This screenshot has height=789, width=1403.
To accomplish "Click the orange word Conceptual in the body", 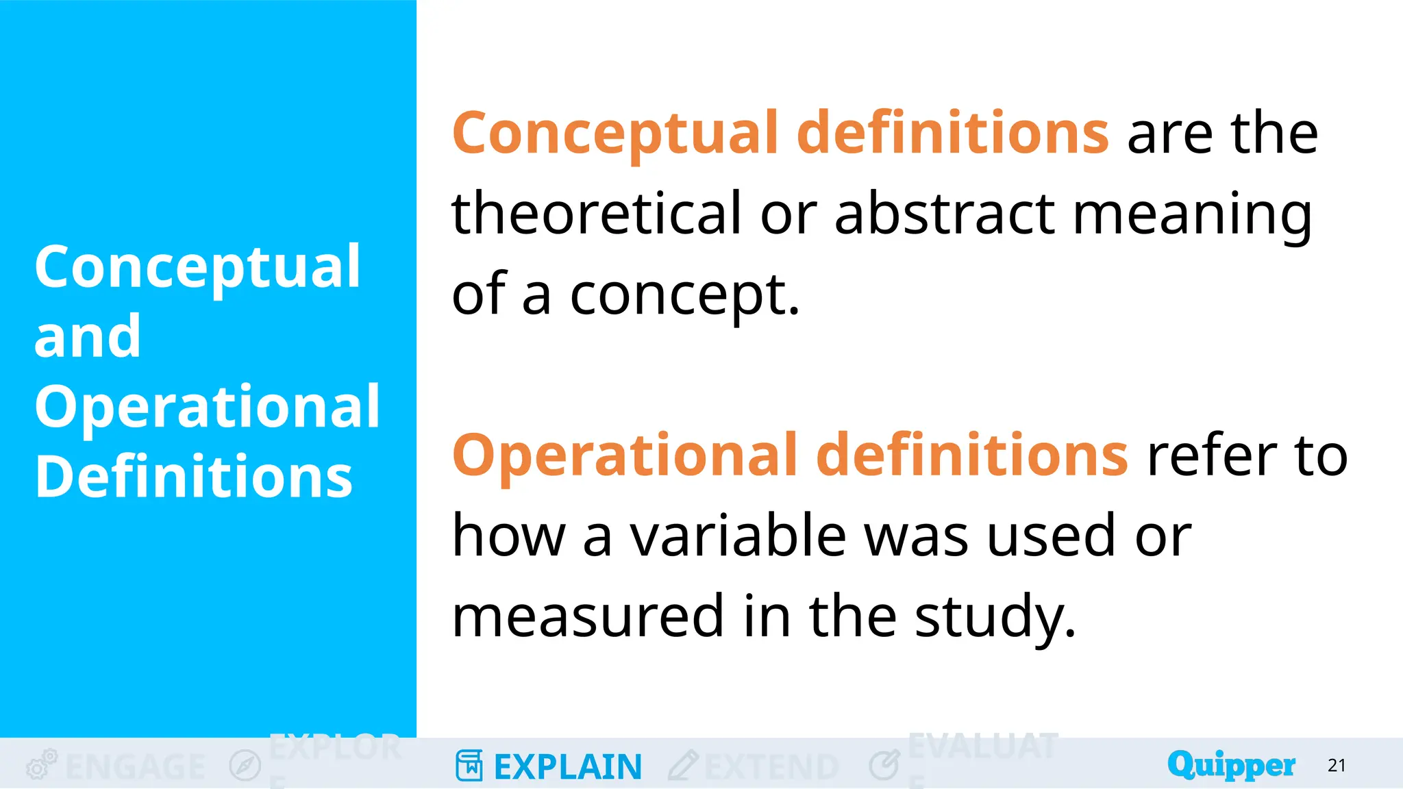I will pyautogui.click(x=615, y=134).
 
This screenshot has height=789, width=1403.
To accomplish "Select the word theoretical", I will pyautogui.click(x=596, y=214).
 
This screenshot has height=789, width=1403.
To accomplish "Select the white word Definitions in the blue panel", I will pyautogui.click(x=194, y=477).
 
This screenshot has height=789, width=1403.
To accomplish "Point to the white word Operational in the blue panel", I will pyautogui.click(x=207, y=407).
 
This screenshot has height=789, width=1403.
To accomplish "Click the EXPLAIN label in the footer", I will pyautogui.click(x=568, y=767).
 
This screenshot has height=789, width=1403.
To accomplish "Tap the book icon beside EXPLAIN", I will pyautogui.click(x=469, y=766).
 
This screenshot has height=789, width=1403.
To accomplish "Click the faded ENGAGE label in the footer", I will pyautogui.click(x=136, y=767).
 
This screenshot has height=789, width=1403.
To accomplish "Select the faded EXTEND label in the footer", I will pyautogui.click(x=771, y=767).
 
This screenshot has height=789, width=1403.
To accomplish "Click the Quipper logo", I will pyautogui.click(x=1231, y=765).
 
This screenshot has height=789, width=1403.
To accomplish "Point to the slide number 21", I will pyautogui.click(x=1337, y=766).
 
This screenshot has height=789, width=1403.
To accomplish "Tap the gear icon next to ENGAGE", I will pyautogui.click(x=41, y=765).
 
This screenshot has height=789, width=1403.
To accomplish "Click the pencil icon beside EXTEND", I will pyautogui.click(x=683, y=766).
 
